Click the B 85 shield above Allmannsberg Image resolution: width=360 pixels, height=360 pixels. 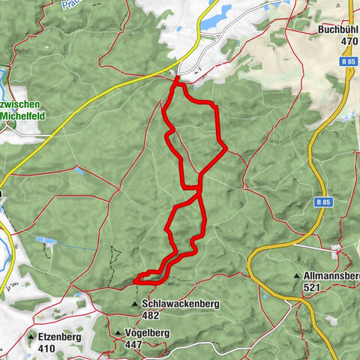[x=322, y=202]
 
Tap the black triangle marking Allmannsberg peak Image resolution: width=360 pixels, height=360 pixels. [x=298, y=276]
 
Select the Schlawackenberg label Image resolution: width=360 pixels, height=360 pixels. [x=175, y=304]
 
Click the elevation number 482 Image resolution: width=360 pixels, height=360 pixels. [x=150, y=316]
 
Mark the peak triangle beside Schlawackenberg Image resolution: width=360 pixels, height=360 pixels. [x=135, y=304]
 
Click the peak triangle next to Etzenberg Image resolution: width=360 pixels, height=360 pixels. [x=32, y=337]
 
